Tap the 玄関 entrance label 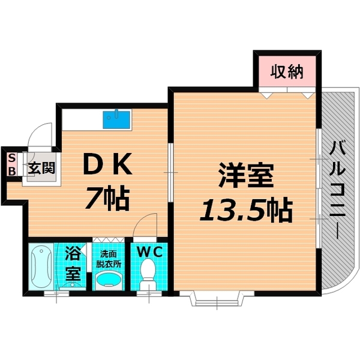click(x=41, y=166)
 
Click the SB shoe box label click(x=11, y=164)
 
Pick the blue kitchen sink click(x=118, y=119)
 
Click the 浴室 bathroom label click(x=73, y=265)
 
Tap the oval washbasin click(x=109, y=280)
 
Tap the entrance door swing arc click(x=41, y=134)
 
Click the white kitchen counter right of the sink click(x=148, y=119)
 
